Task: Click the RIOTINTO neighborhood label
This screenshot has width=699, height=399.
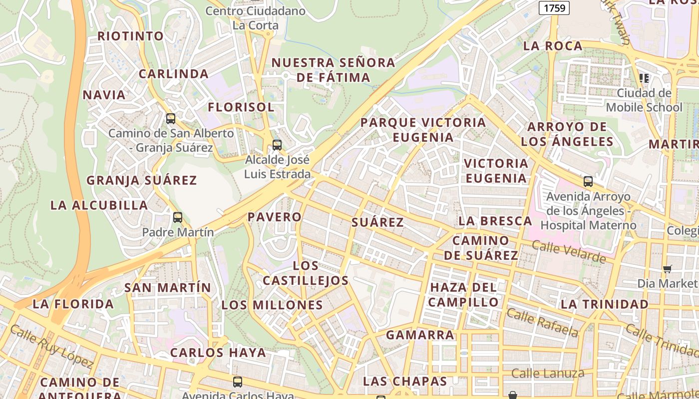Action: point(130,36)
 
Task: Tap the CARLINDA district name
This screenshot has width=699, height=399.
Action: point(173,74)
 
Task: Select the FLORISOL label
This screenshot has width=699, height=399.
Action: point(241,107)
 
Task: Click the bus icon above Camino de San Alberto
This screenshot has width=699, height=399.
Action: point(171,119)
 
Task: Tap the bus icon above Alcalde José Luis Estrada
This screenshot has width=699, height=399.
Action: point(277,145)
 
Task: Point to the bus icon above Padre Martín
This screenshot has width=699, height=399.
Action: point(177,217)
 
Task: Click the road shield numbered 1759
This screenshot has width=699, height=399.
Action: point(554,8)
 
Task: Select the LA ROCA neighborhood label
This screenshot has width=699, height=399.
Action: point(553,46)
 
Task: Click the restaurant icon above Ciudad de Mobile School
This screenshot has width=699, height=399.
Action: point(644,78)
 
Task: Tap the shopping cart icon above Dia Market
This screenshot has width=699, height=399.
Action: point(668,269)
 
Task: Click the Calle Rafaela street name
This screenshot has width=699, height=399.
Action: point(542,322)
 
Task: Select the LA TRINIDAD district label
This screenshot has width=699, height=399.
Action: point(604,304)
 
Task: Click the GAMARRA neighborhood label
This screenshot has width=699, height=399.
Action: point(420,335)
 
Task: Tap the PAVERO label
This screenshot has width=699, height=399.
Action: point(275,217)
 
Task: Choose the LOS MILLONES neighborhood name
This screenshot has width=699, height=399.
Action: point(272,305)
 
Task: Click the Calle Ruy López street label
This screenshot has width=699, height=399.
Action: point(51,347)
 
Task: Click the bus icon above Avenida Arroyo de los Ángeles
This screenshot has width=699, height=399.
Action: point(588,182)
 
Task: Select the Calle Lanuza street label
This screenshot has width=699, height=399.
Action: point(548,373)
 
